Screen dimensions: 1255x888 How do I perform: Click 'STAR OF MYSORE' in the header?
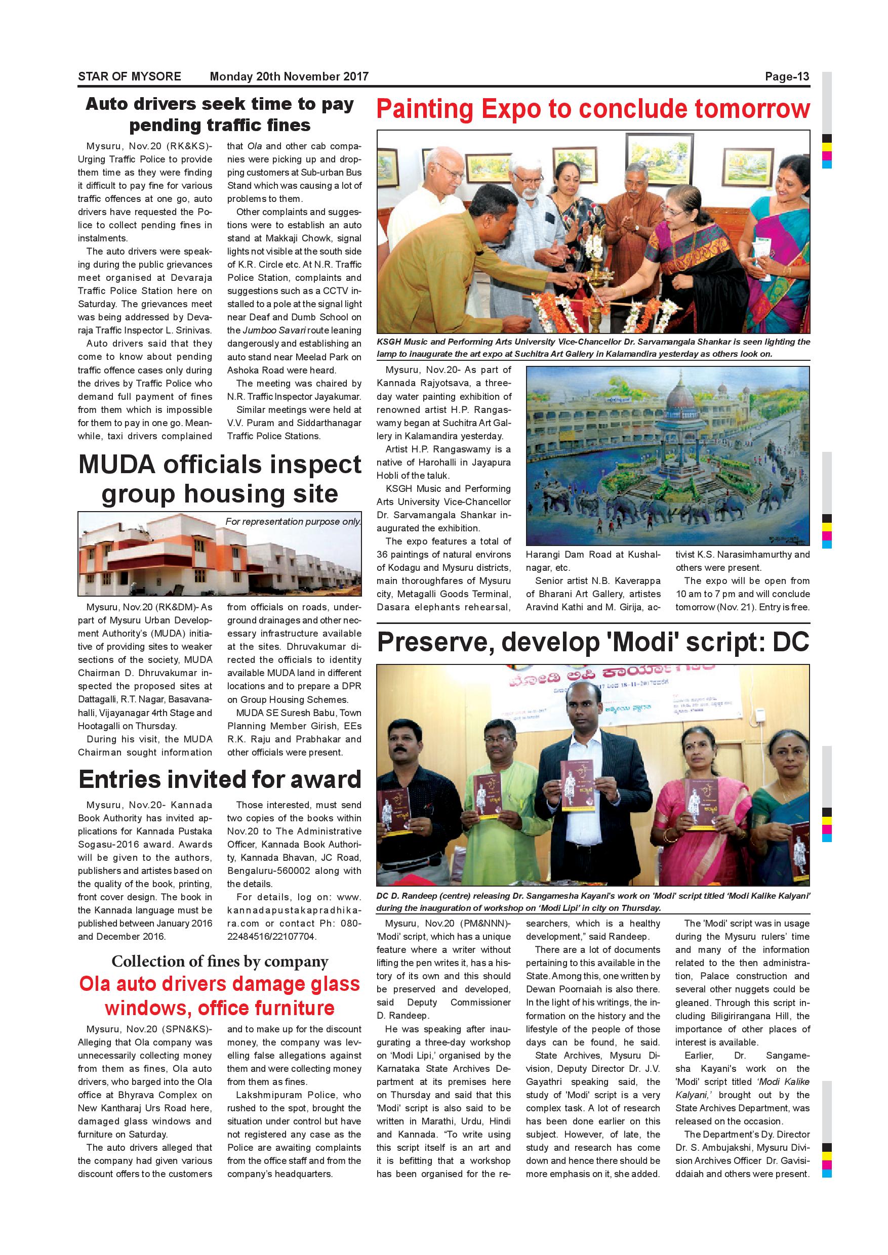129,76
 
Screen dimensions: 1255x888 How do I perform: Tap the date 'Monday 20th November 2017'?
289,76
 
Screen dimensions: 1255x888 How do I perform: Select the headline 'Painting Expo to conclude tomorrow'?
593,109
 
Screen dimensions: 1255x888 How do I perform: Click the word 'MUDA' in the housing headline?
116,465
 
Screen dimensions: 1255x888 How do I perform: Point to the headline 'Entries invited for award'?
220,779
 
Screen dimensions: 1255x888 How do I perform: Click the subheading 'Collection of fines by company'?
220,961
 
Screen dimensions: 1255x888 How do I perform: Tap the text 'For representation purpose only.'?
293,521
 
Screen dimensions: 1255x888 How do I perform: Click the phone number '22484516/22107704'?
271,936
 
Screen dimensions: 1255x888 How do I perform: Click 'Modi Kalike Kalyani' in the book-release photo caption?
766,896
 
